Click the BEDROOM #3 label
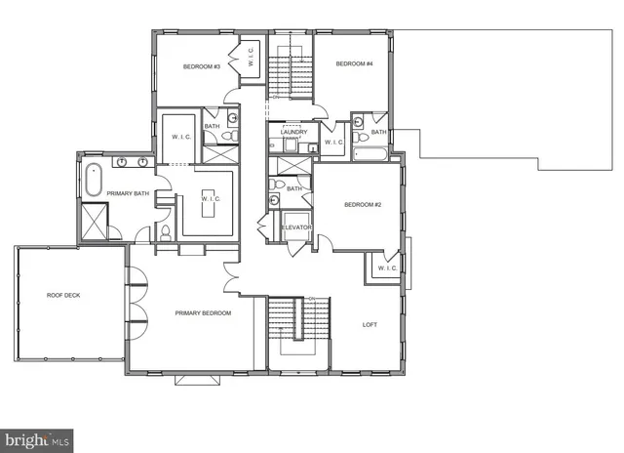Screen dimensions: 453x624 click(202, 66)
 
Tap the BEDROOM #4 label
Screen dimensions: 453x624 click(355, 63)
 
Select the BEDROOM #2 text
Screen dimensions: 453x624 click(362, 205)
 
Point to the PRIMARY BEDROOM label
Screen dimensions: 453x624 click(203, 312)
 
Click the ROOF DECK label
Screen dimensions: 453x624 click(64, 295)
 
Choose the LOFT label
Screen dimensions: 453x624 click(370, 325)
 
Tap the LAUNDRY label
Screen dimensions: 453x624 click(294, 133)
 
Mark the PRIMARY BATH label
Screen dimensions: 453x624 click(127, 193)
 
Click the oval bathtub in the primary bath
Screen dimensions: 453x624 click(94, 182)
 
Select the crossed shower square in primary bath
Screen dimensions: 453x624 click(95, 224)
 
